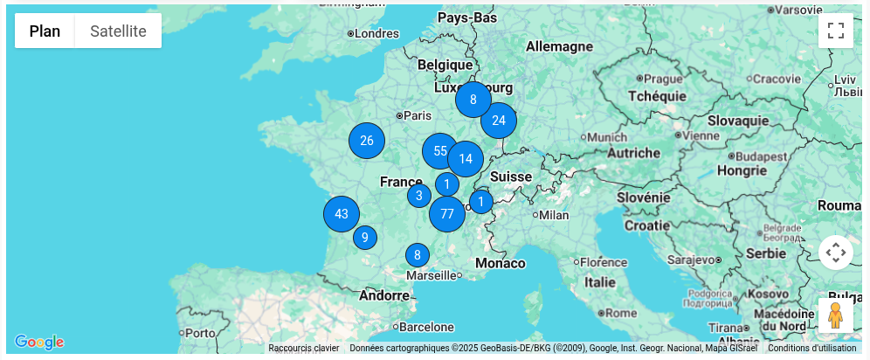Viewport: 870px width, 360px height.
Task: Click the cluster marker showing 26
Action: pos(367,141)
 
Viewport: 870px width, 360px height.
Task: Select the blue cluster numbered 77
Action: pos(447,214)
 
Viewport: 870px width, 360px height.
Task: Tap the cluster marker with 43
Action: pos(342,214)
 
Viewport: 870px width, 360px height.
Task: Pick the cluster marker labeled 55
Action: pos(440,151)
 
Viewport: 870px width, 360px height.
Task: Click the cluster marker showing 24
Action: pos(499,121)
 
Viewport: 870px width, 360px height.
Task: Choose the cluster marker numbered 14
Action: pos(466,159)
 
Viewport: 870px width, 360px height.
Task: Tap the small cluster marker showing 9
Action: pos(365,237)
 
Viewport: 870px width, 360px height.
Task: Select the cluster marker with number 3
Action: pos(419,196)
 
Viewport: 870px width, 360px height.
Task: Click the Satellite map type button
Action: pos(118,31)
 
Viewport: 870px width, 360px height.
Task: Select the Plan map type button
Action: pos(45,31)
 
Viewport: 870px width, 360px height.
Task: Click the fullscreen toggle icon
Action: pos(836,31)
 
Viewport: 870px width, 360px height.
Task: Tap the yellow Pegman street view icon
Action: pos(835,315)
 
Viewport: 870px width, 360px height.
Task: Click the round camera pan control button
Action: pos(836,253)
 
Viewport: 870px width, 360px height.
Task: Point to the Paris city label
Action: pos(418,115)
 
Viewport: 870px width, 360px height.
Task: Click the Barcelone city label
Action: pos(428,327)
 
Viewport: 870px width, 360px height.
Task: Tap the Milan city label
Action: pos(554,215)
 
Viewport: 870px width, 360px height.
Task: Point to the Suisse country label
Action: pos(511,177)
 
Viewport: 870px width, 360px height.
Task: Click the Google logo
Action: pos(39,342)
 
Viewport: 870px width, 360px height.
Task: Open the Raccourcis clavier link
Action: pos(303,348)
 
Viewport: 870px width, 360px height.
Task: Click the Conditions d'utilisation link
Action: pos(812,348)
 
